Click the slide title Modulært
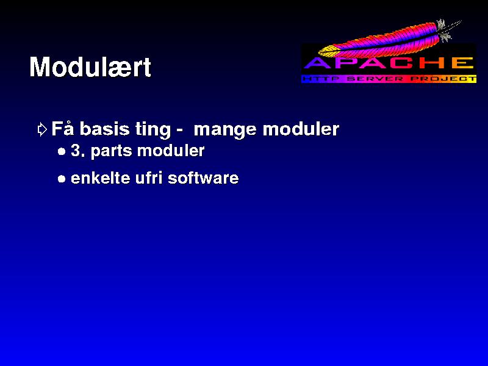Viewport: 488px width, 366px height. click(90, 67)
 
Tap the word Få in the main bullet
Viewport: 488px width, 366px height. click(63, 129)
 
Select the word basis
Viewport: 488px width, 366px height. click(104, 129)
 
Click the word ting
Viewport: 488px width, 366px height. click(153, 130)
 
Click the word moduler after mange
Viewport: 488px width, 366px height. click(301, 129)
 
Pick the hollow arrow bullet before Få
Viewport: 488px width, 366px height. click(42, 129)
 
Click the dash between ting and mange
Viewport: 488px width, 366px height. click(179, 131)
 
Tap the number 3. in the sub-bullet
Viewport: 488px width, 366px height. click(78, 150)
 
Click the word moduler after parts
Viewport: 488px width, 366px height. click(171, 150)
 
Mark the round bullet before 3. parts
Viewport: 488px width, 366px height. click(62, 152)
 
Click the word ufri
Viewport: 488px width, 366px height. click(149, 178)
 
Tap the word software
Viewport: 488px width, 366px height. click(203, 178)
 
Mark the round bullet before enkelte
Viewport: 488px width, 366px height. click(62, 179)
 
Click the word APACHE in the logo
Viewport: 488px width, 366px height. click(389, 63)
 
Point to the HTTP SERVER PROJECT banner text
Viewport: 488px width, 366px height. click(389, 79)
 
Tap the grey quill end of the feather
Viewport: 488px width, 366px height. click(448, 29)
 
